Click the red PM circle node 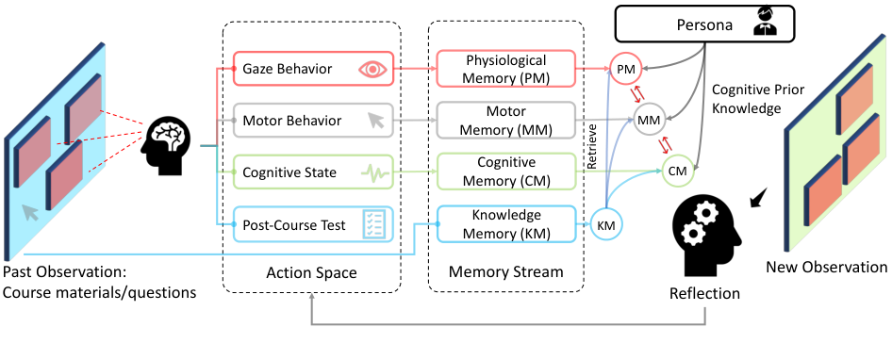point(623,71)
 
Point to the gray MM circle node point(649,121)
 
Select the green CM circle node point(676,171)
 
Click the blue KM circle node point(606,224)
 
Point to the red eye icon point(373,69)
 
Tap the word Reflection point(704,294)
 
